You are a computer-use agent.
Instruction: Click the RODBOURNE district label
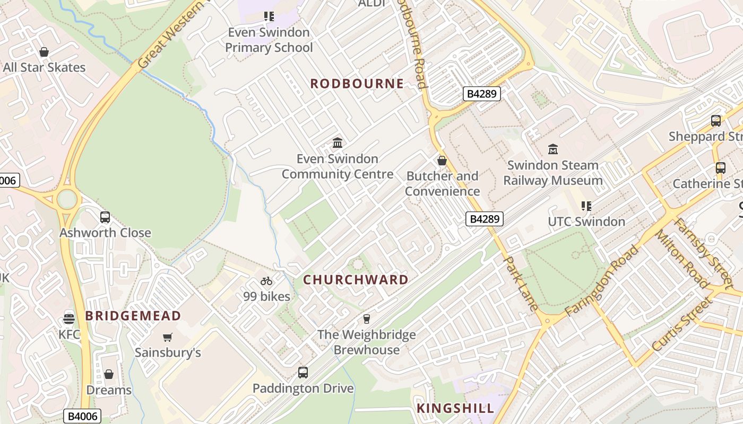pyautogui.click(x=357, y=84)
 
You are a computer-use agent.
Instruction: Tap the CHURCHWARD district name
pyautogui.click(x=356, y=280)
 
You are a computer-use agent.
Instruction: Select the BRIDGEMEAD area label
pyautogui.click(x=133, y=316)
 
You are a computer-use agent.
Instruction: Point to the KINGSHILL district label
pyautogui.click(x=455, y=408)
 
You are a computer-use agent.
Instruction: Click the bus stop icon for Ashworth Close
pyautogui.click(x=105, y=217)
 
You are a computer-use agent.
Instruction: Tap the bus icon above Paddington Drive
pyautogui.click(x=303, y=373)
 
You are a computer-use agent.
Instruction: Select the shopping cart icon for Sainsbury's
pyautogui.click(x=168, y=337)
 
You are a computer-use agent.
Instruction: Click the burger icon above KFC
pyautogui.click(x=68, y=319)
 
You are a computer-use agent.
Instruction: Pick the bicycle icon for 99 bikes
pyautogui.click(x=266, y=281)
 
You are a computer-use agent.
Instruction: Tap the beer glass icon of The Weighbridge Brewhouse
pyautogui.click(x=366, y=319)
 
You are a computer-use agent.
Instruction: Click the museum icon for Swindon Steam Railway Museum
pyautogui.click(x=553, y=149)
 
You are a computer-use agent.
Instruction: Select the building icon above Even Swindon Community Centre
pyautogui.click(x=338, y=143)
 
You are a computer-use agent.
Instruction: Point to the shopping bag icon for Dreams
pyautogui.click(x=109, y=375)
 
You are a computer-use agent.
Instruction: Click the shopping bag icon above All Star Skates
pyautogui.click(x=44, y=52)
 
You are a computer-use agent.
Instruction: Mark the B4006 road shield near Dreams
pyautogui.click(x=82, y=416)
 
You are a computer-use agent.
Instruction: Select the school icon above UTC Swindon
pyautogui.click(x=586, y=206)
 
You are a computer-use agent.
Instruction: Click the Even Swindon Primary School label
pyautogui.click(x=269, y=40)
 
